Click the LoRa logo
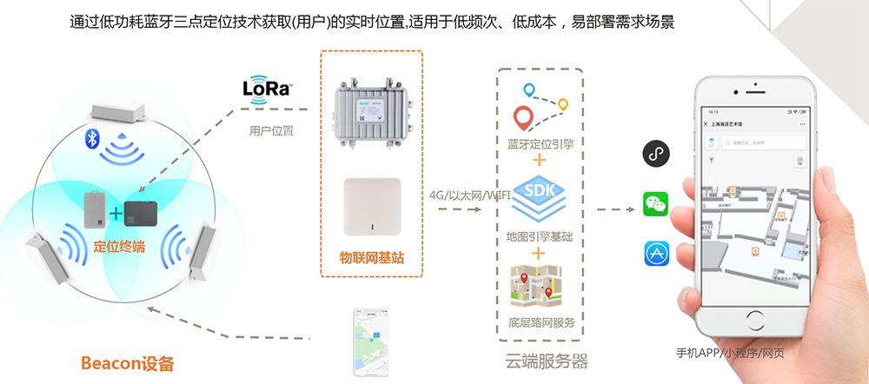(x=267, y=89)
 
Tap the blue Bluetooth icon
(x=89, y=138)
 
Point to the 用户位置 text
(x=270, y=131)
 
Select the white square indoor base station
(x=372, y=207)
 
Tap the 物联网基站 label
(x=371, y=257)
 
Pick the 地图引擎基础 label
(x=539, y=235)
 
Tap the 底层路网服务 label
(x=539, y=323)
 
